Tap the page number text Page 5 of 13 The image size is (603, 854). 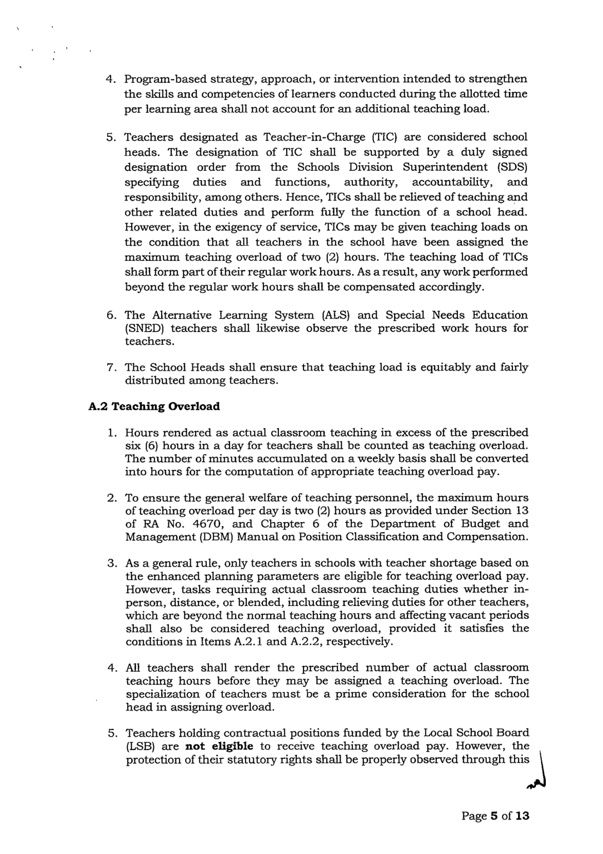tap(495, 816)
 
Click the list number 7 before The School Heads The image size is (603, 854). tap(111, 368)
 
